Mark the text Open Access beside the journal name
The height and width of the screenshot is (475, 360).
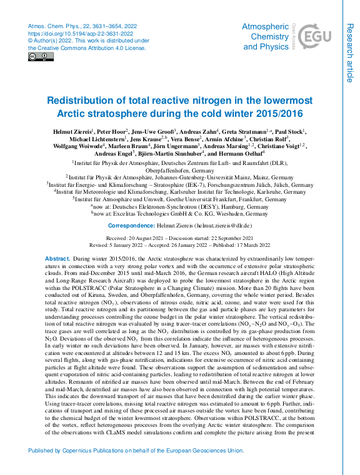[294, 36]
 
